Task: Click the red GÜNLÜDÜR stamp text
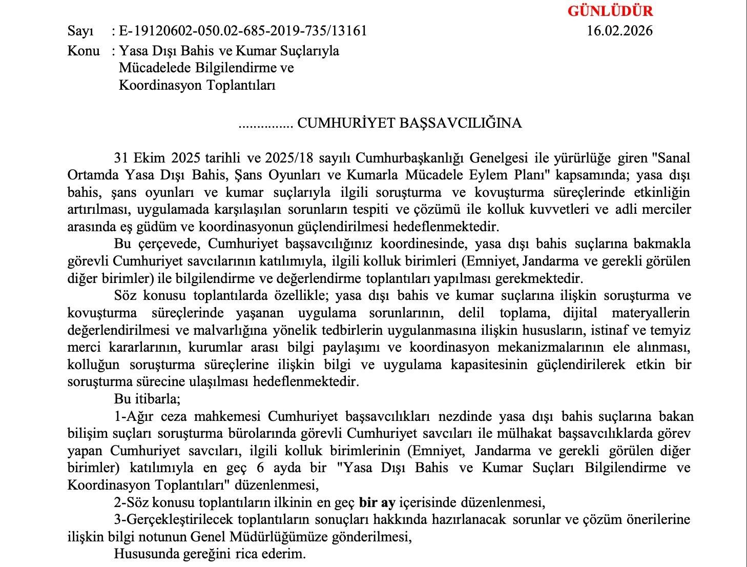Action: point(610,11)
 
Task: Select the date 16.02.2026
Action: point(620,31)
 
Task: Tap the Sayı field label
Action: point(80,31)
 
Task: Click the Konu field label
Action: point(84,51)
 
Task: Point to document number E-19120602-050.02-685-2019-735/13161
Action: point(243,31)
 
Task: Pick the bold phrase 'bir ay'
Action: point(377,502)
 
